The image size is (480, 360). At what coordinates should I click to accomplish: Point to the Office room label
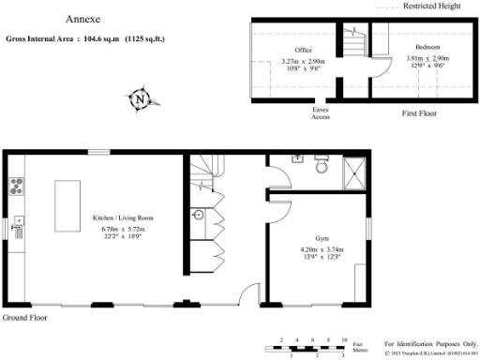point(303,50)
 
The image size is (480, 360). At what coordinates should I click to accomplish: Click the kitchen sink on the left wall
point(18,223)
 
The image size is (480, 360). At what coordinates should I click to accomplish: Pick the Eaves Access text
point(321,113)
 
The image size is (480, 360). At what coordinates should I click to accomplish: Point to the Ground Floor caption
point(25,319)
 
